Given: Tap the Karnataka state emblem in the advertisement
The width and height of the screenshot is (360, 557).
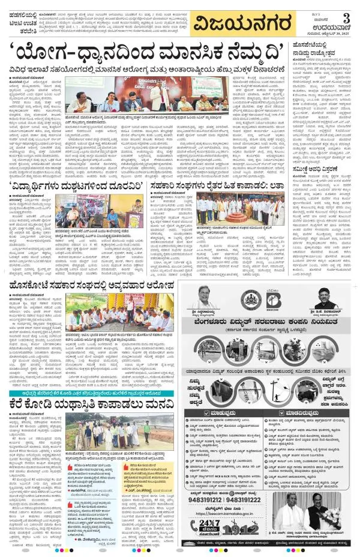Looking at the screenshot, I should (251, 299).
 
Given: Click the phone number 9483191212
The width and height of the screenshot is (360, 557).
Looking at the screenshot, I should (218, 499).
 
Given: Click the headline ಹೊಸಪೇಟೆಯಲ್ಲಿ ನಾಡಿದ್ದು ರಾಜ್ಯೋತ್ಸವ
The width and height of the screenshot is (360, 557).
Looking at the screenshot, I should (324, 48).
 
